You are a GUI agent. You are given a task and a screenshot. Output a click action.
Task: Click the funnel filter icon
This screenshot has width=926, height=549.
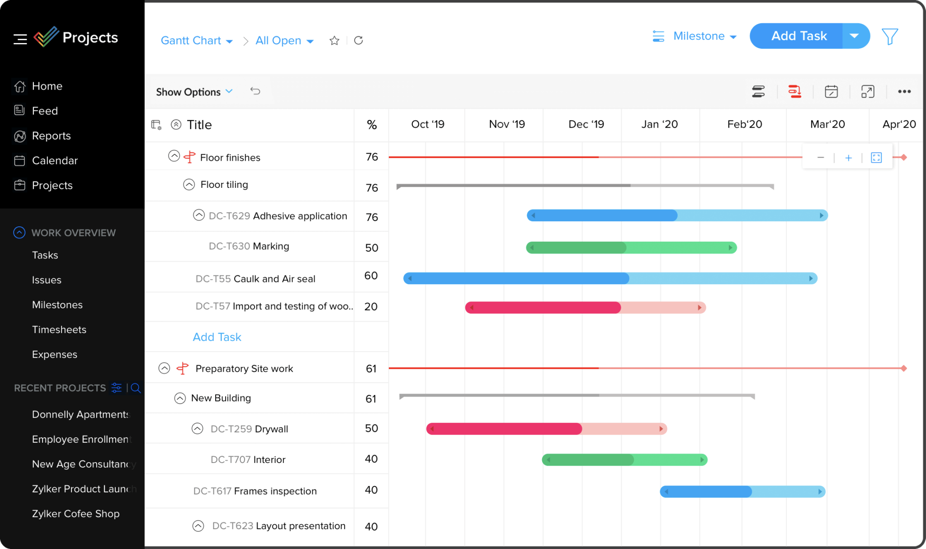pyautogui.click(x=889, y=37)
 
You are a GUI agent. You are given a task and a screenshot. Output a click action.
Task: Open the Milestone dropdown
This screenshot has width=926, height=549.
pyautogui.click(x=704, y=36)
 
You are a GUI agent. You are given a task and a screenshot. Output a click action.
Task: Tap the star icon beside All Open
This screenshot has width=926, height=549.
pyautogui.click(x=334, y=41)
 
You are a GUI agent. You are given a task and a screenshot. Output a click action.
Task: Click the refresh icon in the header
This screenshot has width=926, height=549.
pyautogui.click(x=359, y=41)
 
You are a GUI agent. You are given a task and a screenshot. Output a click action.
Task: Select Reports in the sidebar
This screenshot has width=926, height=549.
pyautogui.click(x=51, y=136)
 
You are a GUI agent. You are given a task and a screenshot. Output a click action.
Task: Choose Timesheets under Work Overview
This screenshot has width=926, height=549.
pyautogui.click(x=59, y=329)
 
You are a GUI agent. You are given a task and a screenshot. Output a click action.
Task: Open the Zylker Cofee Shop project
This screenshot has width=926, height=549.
pyautogui.click(x=76, y=514)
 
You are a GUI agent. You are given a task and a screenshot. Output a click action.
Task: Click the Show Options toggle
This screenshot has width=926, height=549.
pyautogui.click(x=194, y=92)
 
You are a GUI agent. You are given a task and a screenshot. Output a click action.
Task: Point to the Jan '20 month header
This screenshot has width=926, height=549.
pyautogui.click(x=659, y=124)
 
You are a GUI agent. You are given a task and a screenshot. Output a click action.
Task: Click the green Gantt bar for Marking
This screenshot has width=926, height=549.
pyautogui.click(x=631, y=248)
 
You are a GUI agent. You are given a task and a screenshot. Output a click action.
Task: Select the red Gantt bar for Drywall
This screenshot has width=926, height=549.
pyautogui.click(x=546, y=429)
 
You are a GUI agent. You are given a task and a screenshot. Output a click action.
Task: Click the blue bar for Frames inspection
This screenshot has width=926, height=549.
pyautogui.click(x=742, y=492)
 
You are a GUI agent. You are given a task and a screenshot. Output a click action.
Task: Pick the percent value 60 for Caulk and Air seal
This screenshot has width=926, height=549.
pyautogui.click(x=371, y=276)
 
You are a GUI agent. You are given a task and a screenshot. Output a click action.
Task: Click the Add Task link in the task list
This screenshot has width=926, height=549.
pyautogui.click(x=217, y=337)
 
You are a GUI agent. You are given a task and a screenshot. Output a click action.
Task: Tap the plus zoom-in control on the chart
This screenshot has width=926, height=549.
pyautogui.click(x=848, y=158)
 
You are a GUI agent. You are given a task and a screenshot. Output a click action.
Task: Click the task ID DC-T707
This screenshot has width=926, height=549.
pyautogui.click(x=230, y=460)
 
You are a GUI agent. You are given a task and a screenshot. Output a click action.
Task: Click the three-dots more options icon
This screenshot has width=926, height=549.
pyautogui.click(x=904, y=92)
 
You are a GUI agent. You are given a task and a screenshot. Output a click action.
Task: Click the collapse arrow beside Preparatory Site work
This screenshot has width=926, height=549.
pyautogui.click(x=164, y=368)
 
